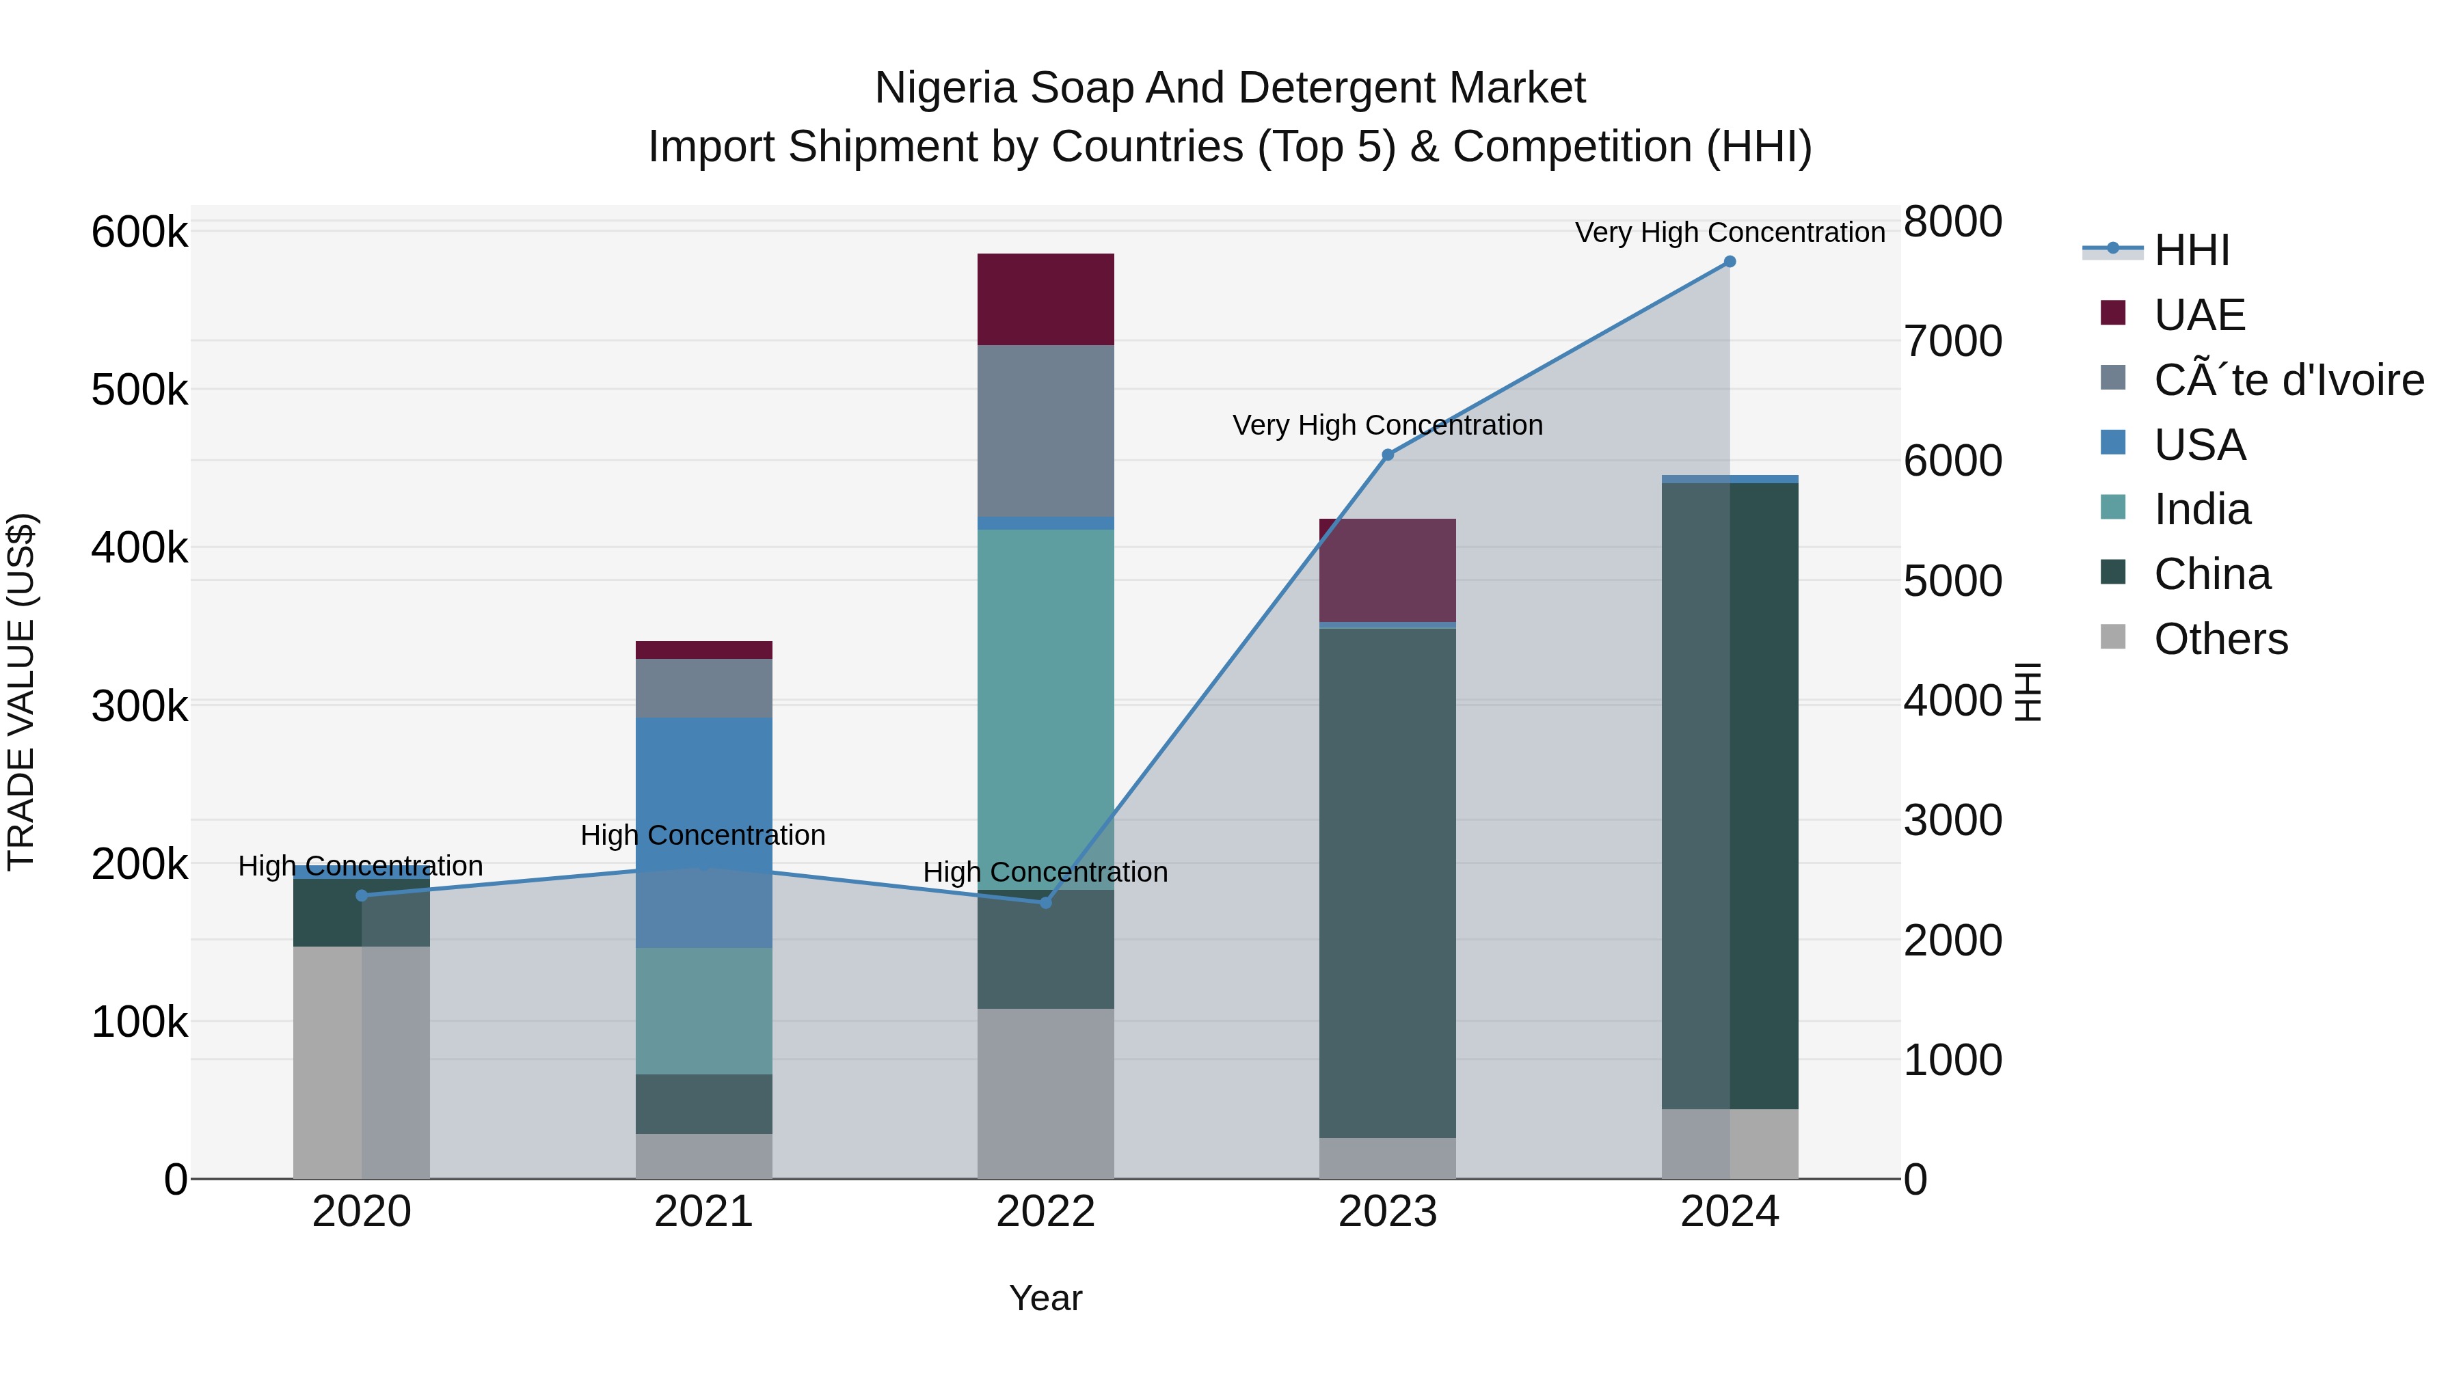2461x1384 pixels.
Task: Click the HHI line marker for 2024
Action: (x=1730, y=262)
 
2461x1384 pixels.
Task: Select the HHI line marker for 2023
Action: (x=1387, y=454)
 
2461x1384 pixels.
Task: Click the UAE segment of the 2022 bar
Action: (x=1045, y=299)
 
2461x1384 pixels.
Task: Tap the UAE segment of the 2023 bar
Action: (x=1387, y=570)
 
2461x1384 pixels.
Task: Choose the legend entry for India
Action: (x=2201, y=509)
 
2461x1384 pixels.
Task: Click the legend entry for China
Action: (x=2211, y=574)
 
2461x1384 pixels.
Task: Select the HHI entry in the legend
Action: (x=2191, y=250)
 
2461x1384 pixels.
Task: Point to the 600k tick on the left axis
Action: (x=139, y=232)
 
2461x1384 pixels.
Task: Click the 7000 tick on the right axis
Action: (x=1952, y=341)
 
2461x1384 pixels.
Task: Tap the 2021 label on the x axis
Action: (x=703, y=1212)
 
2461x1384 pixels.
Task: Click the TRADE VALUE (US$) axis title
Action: (x=21, y=692)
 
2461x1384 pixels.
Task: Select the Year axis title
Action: (x=1045, y=1298)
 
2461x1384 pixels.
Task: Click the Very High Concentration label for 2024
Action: (x=1730, y=232)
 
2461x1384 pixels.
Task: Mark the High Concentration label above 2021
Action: (x=703, y=835)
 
